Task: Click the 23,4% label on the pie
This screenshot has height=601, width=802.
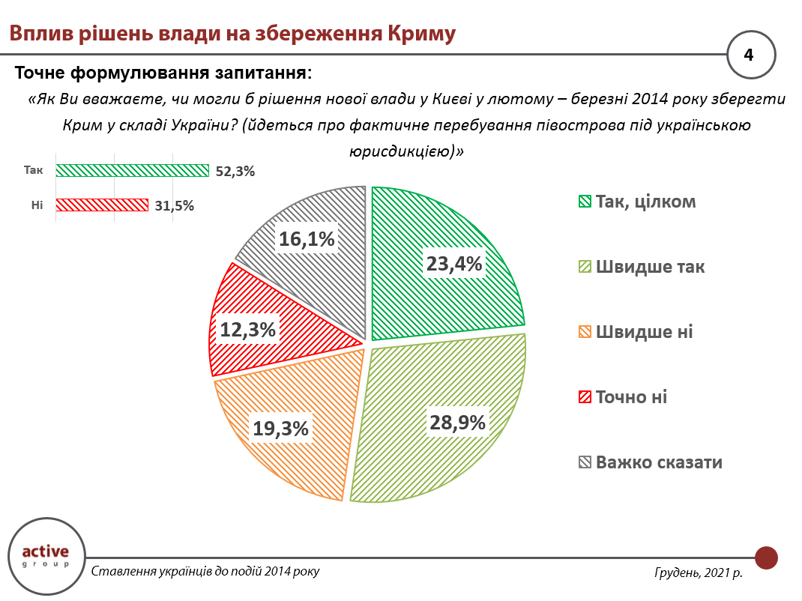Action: point(454,263)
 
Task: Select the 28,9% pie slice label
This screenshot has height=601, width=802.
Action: point(457,422)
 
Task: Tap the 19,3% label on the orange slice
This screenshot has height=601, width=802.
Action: point(280,428)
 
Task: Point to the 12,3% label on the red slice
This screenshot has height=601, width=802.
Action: point(247,329)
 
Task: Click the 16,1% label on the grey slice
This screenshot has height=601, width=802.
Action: point(307,239)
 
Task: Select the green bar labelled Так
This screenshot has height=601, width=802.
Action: point(132,170)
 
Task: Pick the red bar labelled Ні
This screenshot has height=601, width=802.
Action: point(102,205)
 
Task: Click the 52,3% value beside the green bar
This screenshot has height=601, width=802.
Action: point(235,171)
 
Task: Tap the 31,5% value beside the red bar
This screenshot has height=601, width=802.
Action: point(173,205)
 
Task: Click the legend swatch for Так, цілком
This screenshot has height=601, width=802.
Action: point(585,202)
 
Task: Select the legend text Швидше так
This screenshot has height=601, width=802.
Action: point(650,267)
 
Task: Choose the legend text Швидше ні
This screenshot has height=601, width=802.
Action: point(644,332)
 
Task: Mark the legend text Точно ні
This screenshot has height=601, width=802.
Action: point(631,397)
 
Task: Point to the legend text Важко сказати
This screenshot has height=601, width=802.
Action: point(659,462)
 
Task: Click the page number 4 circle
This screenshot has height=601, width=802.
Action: point(751,55)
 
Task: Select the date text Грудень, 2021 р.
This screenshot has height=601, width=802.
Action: point(698,573)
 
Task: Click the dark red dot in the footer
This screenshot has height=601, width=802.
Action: point(766,558)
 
